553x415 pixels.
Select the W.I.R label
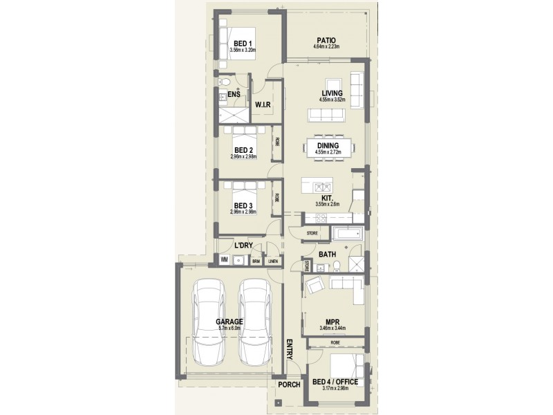pos(262,105)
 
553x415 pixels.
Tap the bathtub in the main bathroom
pos(347,234)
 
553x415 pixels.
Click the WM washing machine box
pos(225,260)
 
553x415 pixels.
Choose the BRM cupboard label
pos(256,261)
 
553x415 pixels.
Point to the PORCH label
pos(288,385)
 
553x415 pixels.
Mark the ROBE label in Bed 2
pos(277,142)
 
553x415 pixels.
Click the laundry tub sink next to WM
pos(239,260)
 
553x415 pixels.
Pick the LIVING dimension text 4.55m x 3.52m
pos(331,100)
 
